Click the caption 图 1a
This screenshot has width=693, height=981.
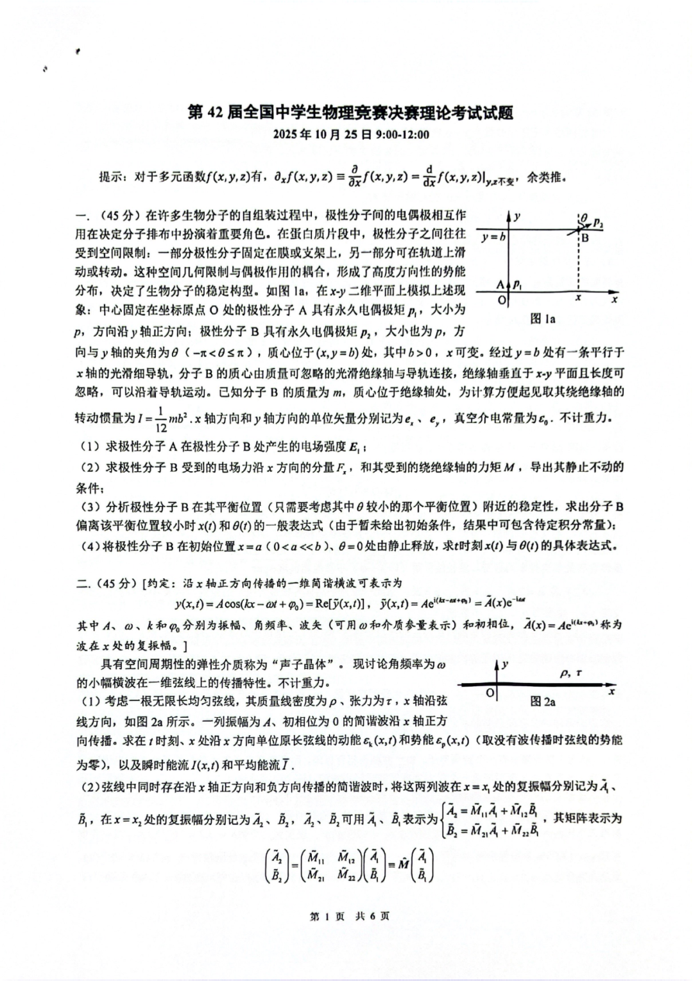pos(543,318)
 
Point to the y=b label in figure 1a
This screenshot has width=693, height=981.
pos(493,236)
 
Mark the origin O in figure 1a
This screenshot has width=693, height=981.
pos(502,300)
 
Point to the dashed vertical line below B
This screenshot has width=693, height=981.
pos(579,266)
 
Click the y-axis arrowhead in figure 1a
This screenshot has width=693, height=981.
pos(509,215)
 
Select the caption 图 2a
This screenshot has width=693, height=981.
pos(543,702)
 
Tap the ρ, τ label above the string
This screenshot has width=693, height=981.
pos(570,673)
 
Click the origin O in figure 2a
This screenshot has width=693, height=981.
pos(490,692)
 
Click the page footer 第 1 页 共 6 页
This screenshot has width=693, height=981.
pos(349,916)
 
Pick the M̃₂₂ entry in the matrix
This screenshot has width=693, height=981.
pos(347,874)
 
